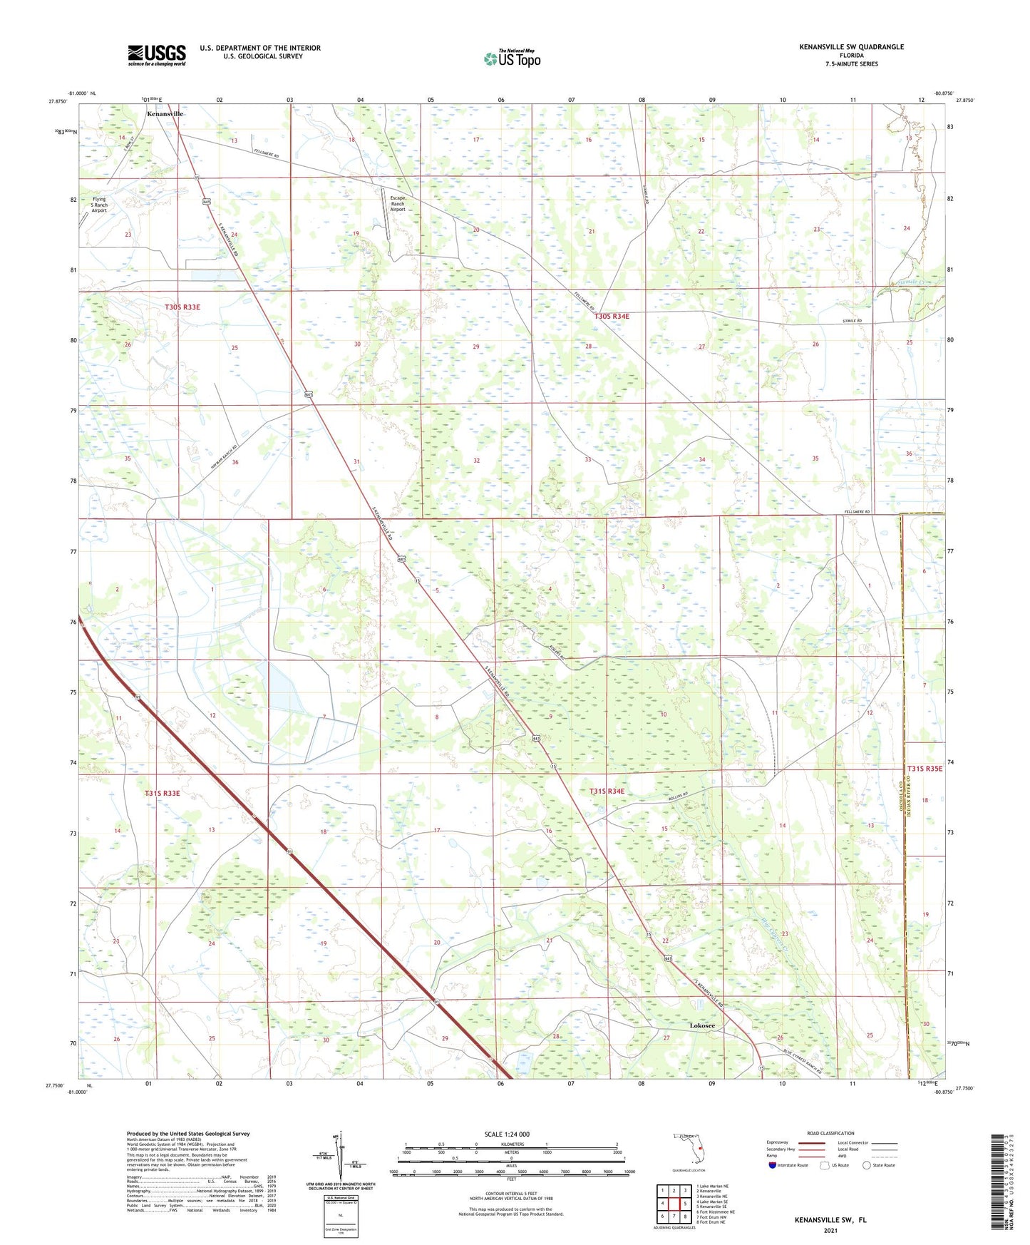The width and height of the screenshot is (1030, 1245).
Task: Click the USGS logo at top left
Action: tap(156, 55)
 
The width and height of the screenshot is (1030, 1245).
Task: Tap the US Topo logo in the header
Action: tap(511, 58)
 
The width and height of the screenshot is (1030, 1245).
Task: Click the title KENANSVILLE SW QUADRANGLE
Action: tap(851, 47)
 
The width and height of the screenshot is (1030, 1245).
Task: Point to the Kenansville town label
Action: tap(165, 114)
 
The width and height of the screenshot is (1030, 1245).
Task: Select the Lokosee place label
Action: tap(702, 1025)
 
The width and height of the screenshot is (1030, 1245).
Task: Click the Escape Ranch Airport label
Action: tap(397, 204)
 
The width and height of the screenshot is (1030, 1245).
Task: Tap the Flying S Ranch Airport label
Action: tap(98, 205)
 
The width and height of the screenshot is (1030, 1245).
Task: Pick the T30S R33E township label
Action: tap(182, 307)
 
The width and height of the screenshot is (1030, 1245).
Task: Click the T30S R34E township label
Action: tap(612, 317)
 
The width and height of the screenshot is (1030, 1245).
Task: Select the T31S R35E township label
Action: tap(925, 769)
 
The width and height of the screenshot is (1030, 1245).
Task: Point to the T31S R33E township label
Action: tap(162, 793)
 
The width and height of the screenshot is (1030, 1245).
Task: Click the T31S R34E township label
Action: tap(607, 791)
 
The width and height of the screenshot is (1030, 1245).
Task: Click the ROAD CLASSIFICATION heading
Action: tap(830, 1133)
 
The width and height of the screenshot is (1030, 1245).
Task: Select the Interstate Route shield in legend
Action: tap(773, 1165)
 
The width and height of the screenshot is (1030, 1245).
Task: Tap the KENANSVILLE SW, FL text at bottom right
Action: tap(830, 1220)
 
